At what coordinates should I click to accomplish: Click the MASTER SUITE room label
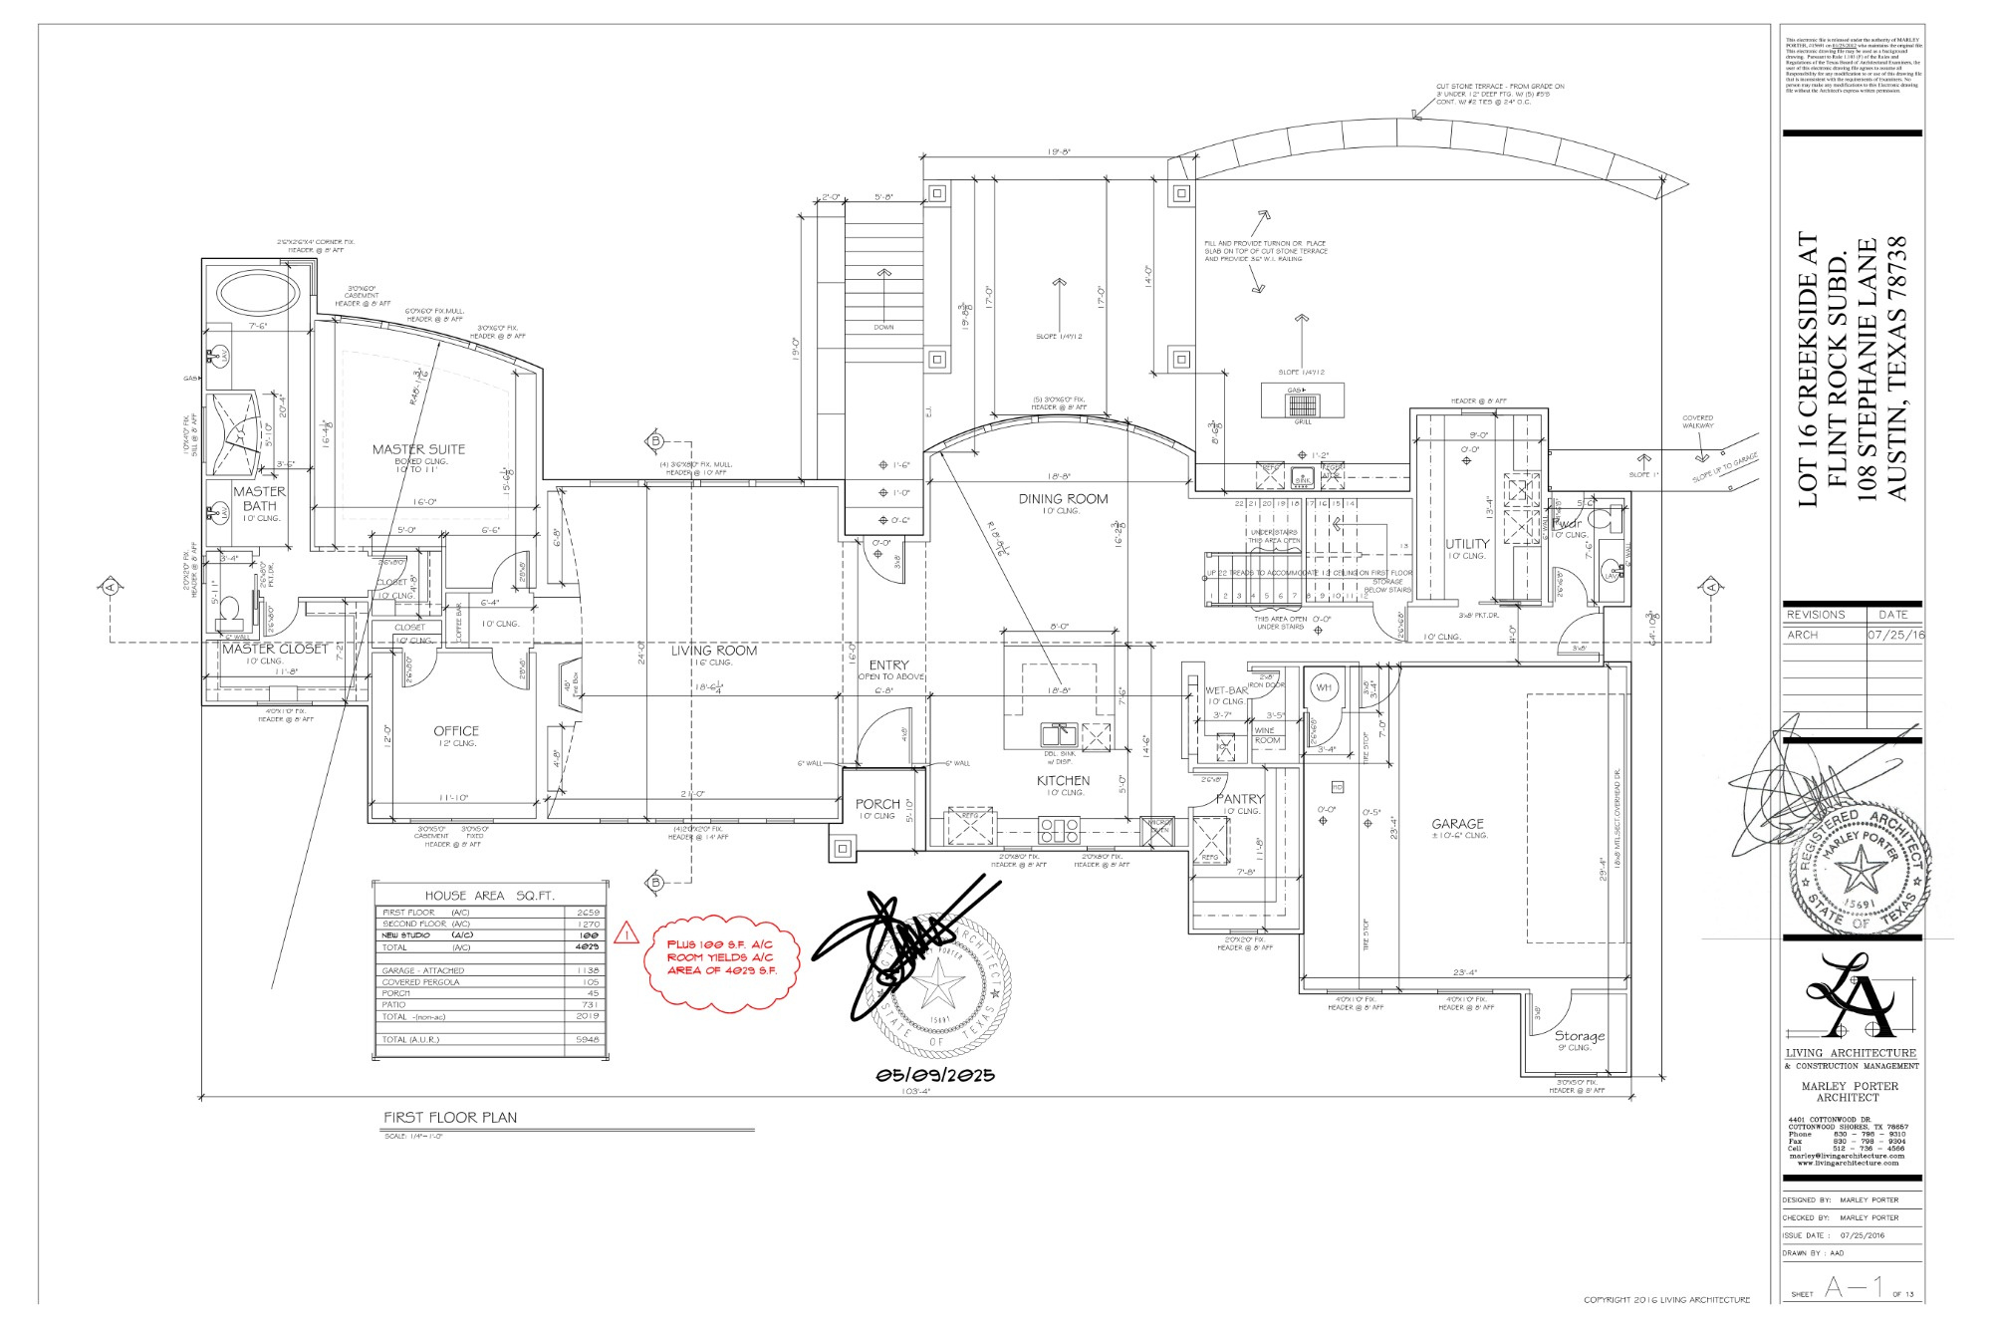418,449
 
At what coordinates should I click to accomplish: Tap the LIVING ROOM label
713,651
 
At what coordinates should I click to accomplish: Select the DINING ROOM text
1063,499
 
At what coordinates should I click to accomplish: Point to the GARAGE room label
1457,824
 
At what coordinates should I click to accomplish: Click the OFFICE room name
456,731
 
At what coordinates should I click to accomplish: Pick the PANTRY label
1240,799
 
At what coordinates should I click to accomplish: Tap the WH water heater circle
1324,687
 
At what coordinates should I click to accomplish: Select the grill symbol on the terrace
1302,404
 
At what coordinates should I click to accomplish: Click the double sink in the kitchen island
1059,735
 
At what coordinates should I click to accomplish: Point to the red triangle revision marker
626,933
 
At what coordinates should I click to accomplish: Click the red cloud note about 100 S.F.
721,957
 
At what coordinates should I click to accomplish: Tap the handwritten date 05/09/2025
935,1076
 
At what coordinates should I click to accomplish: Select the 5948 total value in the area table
587,1040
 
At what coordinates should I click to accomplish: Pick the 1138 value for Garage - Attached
587,970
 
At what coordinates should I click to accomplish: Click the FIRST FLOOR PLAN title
450,1118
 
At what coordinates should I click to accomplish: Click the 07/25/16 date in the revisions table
1895,635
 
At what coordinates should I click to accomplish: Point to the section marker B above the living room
655,441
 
